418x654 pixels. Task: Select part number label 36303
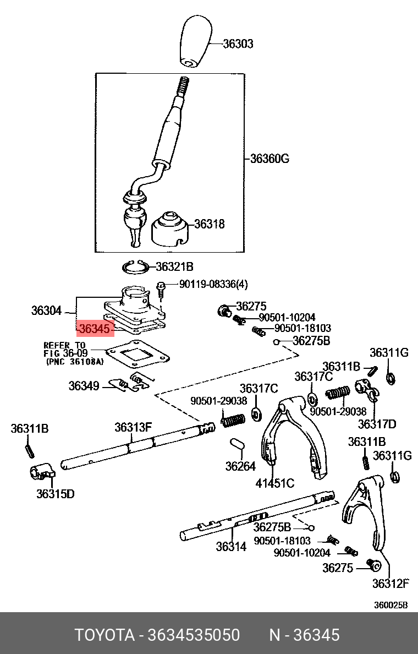tap(238, 44)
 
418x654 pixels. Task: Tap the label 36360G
tap(269, 159)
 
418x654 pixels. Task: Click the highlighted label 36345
tap(95, 329)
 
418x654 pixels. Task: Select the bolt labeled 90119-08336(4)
tap(161, 287)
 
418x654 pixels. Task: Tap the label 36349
tap(84, 386)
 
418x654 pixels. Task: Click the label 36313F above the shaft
tap(133, 427)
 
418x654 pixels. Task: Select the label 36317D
tap(377, 424)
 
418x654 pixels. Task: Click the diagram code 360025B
tap(391, 605)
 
